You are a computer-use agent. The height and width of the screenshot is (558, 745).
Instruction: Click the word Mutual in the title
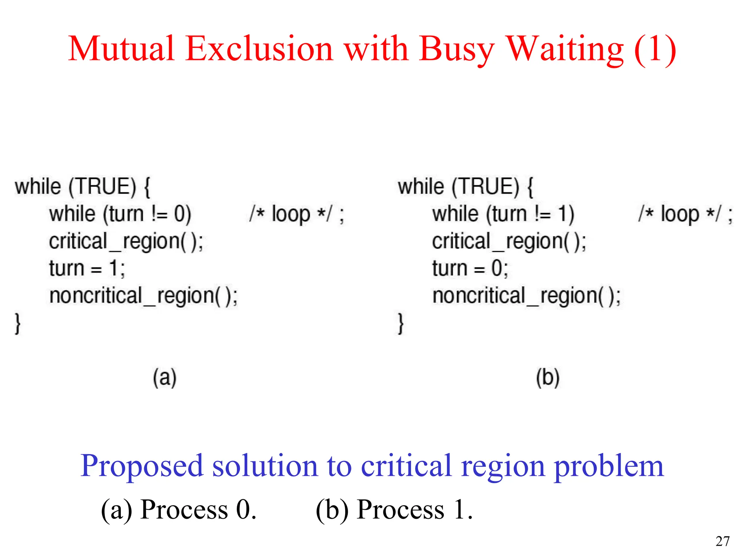pyautogui.click(x=121, y=49)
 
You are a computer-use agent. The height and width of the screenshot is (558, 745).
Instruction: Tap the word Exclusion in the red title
pyautogui.click(x=259, y=49)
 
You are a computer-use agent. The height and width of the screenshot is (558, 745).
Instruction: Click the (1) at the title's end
pyautogui.click(x=655, y=49)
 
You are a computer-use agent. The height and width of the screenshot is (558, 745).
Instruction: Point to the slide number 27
pyautogui.click(x=722, y=541)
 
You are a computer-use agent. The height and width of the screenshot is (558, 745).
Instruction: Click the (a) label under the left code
pyautogui.click(x=164, y=378)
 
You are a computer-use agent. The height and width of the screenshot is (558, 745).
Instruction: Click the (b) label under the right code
pyautogui.click(x=547, y=378)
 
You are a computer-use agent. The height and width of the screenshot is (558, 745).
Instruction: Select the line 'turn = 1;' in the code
pyautogui.click(x=87, y=268)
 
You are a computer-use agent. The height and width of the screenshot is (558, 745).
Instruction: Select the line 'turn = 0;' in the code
pyautogui.click(x=470, y=268)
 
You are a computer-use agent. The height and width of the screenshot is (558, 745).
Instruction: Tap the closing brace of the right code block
pyautogui.click(x=401, y=323)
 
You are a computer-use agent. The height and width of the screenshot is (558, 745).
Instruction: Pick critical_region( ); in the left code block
pyautogui.click(x=126, y=242)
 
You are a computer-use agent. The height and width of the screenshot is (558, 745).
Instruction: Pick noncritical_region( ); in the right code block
pyautogui.click(x=526, y=296)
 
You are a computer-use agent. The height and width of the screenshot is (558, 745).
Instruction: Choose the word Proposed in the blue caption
pyautogui.click(x=142, y=466)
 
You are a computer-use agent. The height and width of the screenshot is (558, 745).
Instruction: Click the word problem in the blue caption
pyautogui.click(x=609, y=466)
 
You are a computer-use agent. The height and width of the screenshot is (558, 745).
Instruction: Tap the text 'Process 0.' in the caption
pyautogui.click(x=199, y=510)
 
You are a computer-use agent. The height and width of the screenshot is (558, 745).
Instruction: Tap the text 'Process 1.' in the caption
pyautogui.click(x=415, y=510)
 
